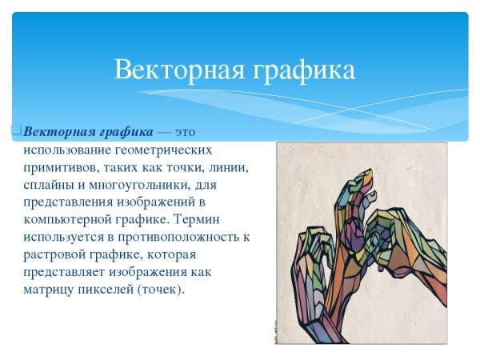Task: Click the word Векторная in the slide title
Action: point(170,70)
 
